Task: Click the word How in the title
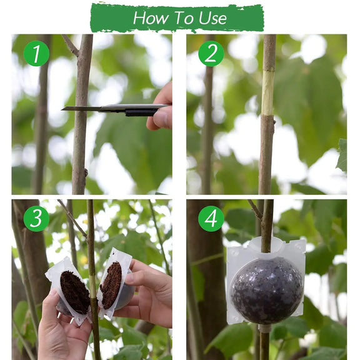coord(149,18)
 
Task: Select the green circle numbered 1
coord(36,53)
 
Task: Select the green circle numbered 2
coord(211,53)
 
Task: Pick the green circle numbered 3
coord(36,218)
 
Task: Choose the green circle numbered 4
coord(211,218)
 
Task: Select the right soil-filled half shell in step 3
coord(112,285)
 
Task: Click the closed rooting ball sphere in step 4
coord(267,290)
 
